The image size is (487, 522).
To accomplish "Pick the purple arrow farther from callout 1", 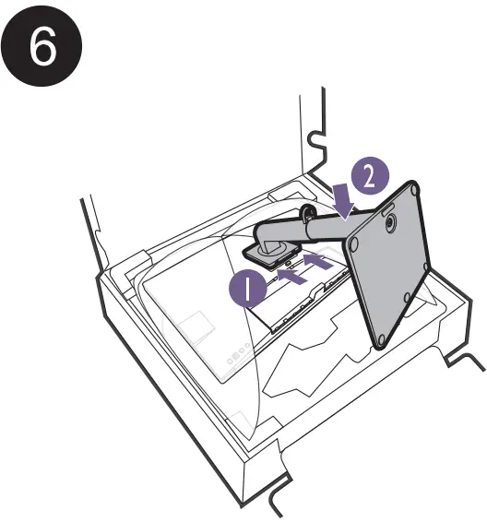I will click(x=316, y=263).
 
